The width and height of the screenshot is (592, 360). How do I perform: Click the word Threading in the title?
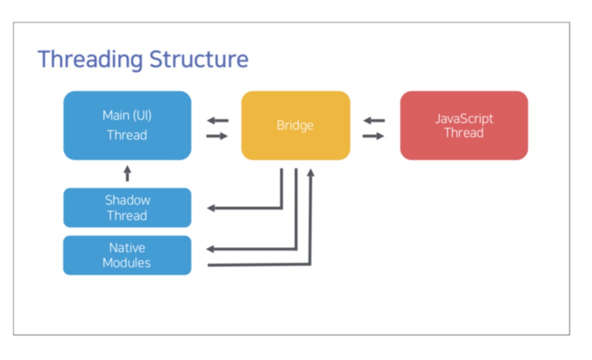point(90,59)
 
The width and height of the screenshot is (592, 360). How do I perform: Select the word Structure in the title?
point(199,59)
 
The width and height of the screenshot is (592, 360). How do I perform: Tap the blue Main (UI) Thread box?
point(127,125)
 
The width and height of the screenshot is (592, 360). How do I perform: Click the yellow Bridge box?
point(295,125)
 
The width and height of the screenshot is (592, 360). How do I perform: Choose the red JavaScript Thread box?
point(464,125)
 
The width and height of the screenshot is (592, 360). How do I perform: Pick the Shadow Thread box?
point(127,207)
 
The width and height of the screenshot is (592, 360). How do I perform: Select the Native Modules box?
point(127,255)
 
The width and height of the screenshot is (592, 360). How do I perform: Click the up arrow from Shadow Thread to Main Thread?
point(127,173)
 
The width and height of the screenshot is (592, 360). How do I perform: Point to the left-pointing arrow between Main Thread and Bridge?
point(218,121)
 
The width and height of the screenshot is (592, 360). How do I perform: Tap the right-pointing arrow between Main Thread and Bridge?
point(217,136)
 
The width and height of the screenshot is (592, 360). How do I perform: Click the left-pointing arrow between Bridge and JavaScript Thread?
point(374,121)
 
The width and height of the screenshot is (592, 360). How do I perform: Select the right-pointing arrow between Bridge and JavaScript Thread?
point(373,136)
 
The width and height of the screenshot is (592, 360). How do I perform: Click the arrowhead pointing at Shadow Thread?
point(211,208)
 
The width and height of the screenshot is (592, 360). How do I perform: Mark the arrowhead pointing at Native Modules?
point(210,248)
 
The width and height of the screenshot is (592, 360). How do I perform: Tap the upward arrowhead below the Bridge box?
point(310,173)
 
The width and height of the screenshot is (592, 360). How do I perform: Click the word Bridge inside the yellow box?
point(295,125)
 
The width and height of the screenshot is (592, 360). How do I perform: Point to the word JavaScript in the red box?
point(464,119)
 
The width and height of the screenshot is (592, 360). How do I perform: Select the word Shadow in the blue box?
point(127,200)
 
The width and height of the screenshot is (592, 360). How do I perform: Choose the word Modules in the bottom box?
point(126,262)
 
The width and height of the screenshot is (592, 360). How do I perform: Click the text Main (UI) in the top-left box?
point(127,115)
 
